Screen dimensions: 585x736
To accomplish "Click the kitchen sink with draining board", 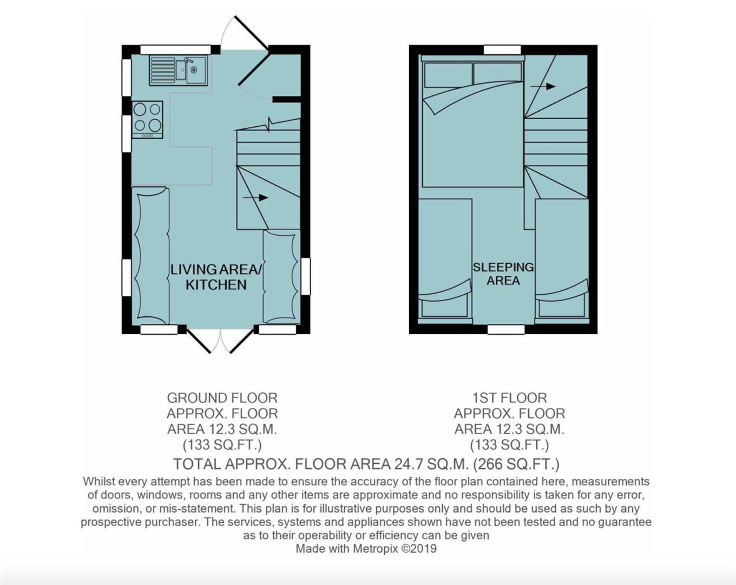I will [x=178, y=71].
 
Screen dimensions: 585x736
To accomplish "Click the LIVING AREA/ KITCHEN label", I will [x=216, y=277].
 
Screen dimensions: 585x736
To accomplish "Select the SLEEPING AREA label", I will [x=503, y=274].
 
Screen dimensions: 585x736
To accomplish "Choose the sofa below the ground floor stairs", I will [x=281, y=277].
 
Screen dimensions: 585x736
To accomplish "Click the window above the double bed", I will [x=502, y=50].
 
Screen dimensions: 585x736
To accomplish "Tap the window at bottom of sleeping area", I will [x=505, y=329].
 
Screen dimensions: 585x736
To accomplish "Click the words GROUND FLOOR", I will [x=222, y=398].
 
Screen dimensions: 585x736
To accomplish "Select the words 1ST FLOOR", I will [x=509, y=398].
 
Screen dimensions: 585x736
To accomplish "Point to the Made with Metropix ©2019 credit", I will [x=366, y=549].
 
